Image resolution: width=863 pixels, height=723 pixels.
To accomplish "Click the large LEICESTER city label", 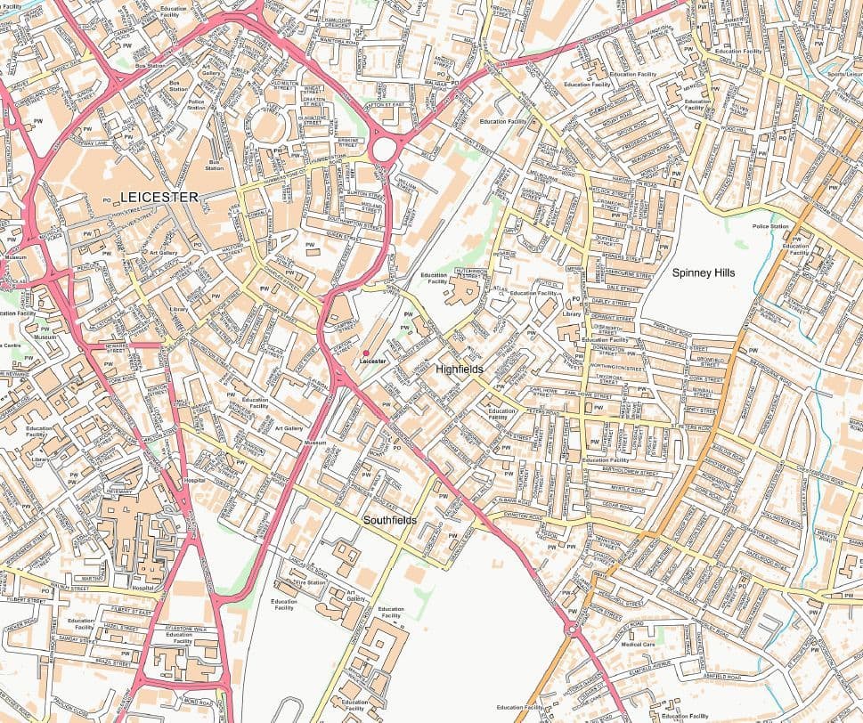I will click(159, 196).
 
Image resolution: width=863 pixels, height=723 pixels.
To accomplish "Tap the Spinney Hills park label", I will click(704, 272).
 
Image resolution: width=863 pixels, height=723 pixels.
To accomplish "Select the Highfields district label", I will click(460, 367).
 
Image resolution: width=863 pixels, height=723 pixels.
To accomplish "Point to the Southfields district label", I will click(389, 519).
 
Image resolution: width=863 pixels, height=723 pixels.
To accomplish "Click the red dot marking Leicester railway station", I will click(365, 353).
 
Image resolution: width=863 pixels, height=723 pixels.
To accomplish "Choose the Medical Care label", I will click(638, 644).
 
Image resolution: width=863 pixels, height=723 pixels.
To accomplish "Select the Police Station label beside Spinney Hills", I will click(770, 227).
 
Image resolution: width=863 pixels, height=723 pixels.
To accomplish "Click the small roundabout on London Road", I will click(571, 630).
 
